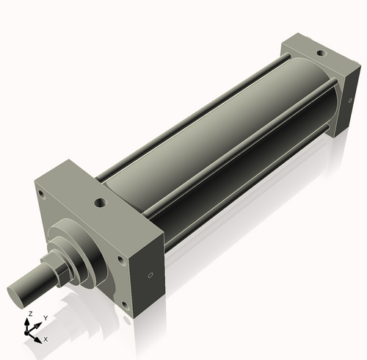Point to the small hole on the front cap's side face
coord(150,276)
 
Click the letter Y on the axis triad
coord(45,317)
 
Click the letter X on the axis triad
coord(46,339)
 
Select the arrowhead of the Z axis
coord(29,321)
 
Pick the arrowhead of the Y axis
coord(38,324)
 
